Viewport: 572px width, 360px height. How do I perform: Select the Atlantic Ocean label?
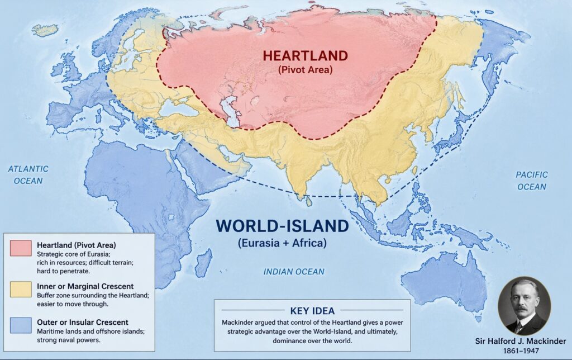pos(28,174)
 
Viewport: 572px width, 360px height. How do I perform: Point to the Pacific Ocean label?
pos(532,181)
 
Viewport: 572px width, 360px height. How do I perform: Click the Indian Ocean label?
pos(293,272)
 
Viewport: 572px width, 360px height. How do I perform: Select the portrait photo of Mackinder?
pos(523,305)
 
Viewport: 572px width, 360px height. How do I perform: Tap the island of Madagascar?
pos(204,262)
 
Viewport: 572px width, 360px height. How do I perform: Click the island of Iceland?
pos(45,29)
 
